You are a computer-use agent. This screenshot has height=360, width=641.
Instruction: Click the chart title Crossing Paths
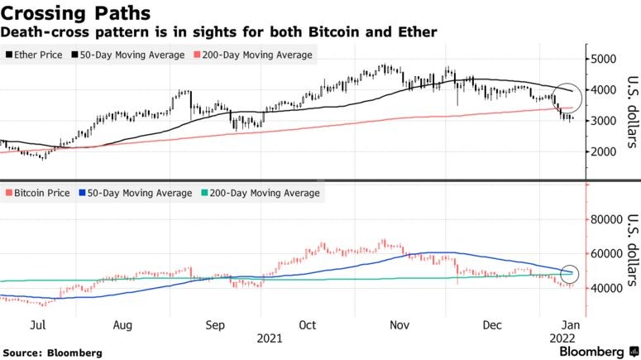tap(75, 13)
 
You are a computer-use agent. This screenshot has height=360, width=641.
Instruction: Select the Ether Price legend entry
tap(37, 55)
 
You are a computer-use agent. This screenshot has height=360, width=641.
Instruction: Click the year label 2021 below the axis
tap(270, 338)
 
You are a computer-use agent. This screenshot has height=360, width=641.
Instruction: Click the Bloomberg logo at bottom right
tap(591, 352)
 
